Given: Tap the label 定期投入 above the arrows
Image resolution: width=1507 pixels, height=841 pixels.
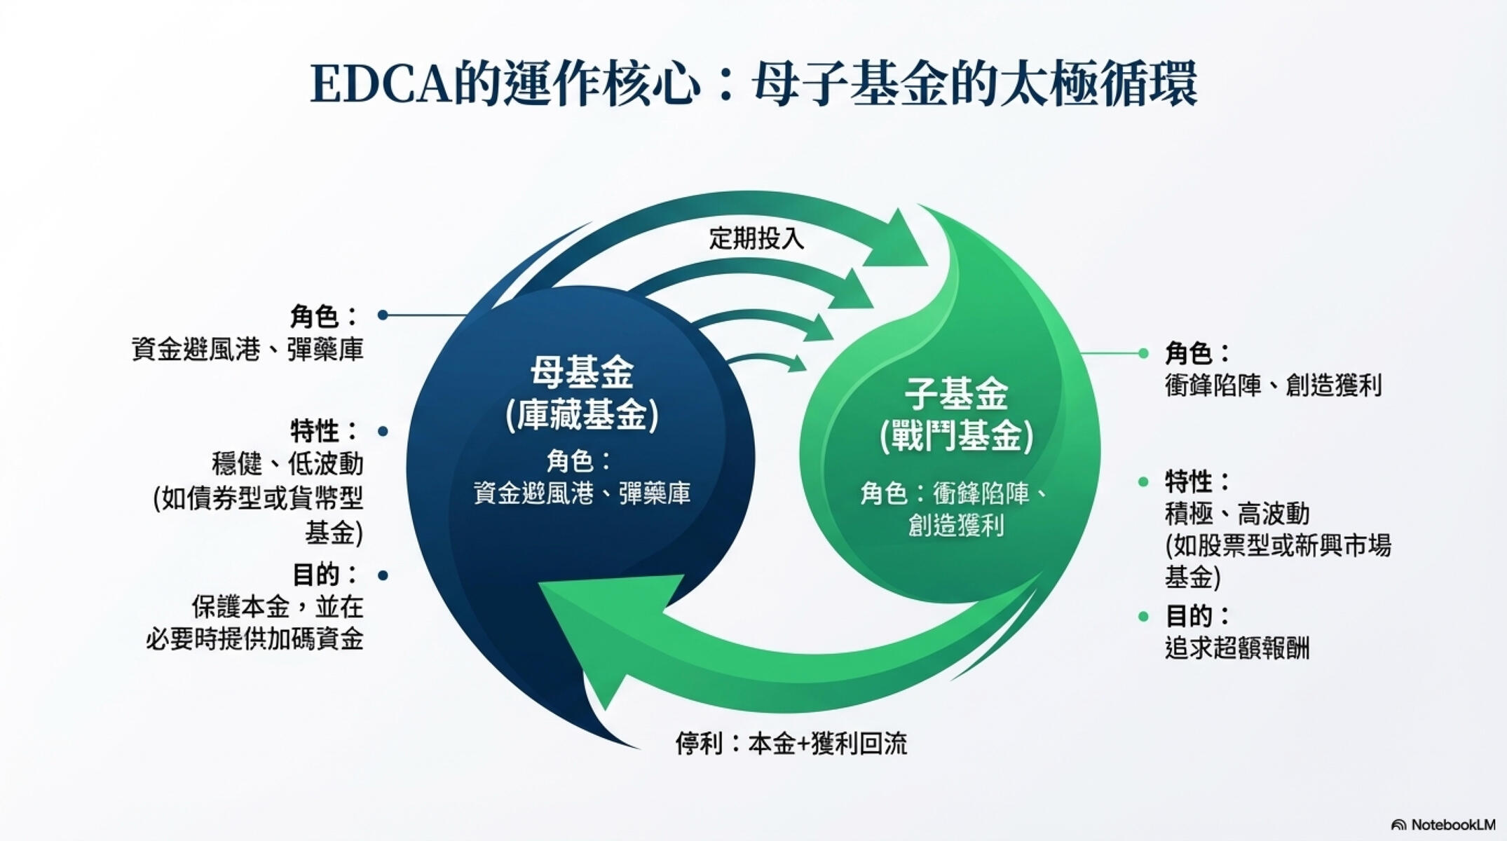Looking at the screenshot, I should [756, 239].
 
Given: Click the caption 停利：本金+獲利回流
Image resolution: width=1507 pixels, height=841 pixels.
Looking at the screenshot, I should [791, 744].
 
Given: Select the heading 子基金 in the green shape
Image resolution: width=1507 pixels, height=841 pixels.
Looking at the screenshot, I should [956, 394].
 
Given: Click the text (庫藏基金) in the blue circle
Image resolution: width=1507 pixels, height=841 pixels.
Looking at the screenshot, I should [582, 415].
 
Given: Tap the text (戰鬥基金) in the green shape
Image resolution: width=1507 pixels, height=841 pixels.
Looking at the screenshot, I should [956, 437].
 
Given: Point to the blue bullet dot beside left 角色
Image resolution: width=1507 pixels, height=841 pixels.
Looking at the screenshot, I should [383, 315].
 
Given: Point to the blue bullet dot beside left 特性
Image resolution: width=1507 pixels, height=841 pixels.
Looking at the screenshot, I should [383, 431].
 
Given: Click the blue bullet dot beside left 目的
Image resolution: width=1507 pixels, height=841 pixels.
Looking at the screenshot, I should [383, 575].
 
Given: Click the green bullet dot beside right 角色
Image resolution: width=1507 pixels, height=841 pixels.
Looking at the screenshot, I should [1143, 353].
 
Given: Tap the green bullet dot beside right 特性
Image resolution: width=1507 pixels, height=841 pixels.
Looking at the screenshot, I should [1143, 481].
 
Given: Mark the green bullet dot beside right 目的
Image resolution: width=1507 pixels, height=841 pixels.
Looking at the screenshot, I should [1143, 617].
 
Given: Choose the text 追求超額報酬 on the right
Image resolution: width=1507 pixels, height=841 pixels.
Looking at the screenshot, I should [1236, 648].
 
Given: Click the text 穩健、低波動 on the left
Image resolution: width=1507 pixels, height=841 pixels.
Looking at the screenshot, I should [287, 464].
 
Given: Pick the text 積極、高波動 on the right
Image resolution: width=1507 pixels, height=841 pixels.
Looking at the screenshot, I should [1236, 514].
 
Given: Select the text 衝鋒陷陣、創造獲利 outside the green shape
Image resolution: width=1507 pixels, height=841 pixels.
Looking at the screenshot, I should [1273, 385].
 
